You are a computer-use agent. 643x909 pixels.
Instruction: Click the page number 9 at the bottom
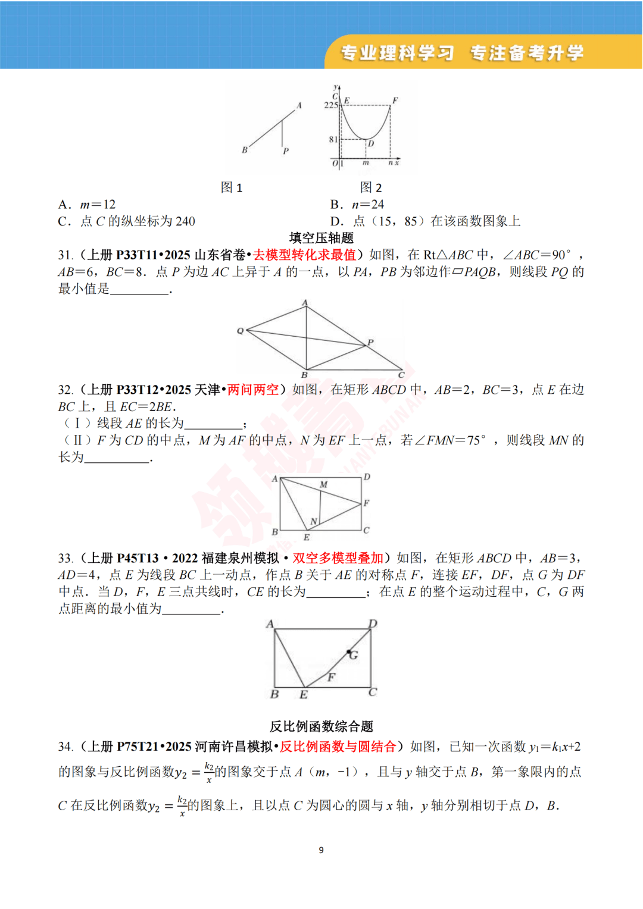click(x=321, y=850)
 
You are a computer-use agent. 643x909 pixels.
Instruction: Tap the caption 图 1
click(x=232, y=188)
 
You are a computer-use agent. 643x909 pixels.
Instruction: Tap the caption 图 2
click(x=371, y=188)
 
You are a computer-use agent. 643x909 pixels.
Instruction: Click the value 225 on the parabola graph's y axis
click(x=330, y=105)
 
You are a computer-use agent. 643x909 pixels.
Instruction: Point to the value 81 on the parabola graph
click(x=333, y=139)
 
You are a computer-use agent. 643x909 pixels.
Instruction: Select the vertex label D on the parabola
click(x=371, y=143)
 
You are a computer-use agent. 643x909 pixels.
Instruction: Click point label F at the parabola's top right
click(x=395, y=101)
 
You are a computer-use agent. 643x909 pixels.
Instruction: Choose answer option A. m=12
click(x=87, y=205)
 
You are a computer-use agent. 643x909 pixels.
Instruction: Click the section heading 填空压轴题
click(x=321, y=238)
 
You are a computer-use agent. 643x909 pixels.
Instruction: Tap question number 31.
click(x=65, y=255)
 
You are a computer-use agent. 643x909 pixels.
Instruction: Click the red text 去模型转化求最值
click(x=304, y=255)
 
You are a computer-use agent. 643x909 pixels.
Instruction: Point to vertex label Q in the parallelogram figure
click(x=241, y=331)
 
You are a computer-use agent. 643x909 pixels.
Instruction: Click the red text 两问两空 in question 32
click(x=253, y=390)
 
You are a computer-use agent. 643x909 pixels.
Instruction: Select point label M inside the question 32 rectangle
click(x=323, y=485)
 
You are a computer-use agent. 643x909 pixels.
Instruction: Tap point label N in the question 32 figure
click(x=313, y=522)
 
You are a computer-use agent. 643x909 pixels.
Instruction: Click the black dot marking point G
click(x=349, y=652)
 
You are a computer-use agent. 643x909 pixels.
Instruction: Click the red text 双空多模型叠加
click(x=338, y=558)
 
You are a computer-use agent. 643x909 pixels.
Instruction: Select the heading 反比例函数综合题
click(x=321, y=726)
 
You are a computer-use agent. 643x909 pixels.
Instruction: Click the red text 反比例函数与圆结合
click(x=338, y=747)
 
